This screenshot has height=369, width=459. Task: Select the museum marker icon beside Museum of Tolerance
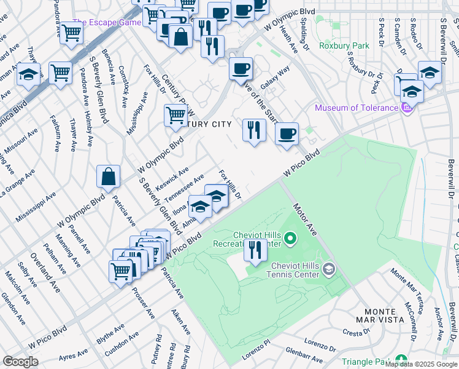click(x=405, y=109)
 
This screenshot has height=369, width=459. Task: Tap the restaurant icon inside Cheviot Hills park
click(x=253, y=250)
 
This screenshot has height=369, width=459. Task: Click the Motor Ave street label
click(x=304, y=219)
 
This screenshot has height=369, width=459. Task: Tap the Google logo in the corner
click(x=20, y=362)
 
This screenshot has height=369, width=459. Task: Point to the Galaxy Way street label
click(x=275, y=78)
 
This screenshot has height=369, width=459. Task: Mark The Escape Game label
click(x=107, y=22)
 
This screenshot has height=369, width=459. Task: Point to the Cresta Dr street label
click(x=355, y=333)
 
